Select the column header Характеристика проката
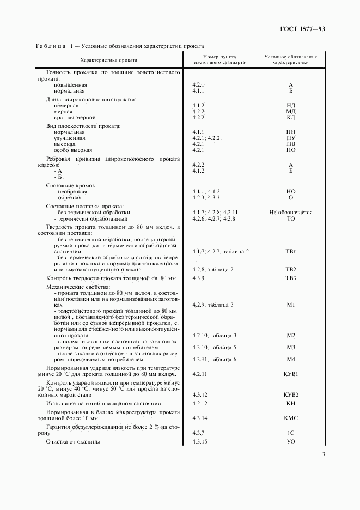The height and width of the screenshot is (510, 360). (x=108, y=59)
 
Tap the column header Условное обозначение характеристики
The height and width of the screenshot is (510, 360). (x=291, y=59)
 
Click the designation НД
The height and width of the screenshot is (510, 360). (x=291, y=105)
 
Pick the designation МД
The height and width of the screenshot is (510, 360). (x=291, y=111)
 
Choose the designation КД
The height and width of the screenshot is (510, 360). (x=291, y=117)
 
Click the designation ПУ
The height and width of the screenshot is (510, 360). (x=291, y=138)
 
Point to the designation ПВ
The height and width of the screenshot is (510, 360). (x=291, y=144)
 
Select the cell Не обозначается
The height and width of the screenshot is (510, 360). (x=291, y=212)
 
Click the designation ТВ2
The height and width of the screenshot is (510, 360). (x=291, y=269)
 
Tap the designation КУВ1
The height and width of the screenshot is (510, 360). (x=291, y=374)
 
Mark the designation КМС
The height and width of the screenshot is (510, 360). (x=291, y=418)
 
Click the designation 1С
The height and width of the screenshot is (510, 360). (x=291, y=432)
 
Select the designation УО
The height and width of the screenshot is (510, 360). (x=291, y=441)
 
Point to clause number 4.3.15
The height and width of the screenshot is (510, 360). (x=201, y=441)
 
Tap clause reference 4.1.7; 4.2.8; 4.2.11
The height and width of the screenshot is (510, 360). (x=215, y=212)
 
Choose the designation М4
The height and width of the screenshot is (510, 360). (x=291, y=359)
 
